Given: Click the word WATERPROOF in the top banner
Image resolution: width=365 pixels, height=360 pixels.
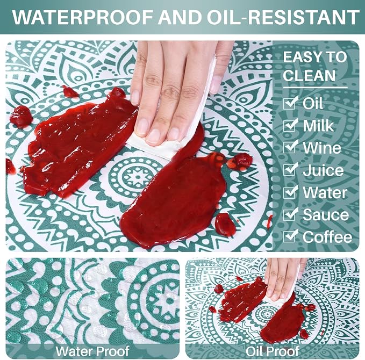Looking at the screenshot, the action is pyautogui.click(x=83, y=17).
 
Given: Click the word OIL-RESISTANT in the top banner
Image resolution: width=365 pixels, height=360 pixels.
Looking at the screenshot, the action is pyautogui.click(x=283, y=17).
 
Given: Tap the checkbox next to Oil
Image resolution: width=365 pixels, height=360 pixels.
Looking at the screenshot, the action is pyautogui.click(x=290, y=103).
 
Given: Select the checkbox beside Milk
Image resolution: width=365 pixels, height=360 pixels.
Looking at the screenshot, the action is pyautogui.click(x=290, y=125).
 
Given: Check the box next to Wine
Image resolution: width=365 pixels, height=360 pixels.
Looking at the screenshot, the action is pyautogui.click(x=290, y=147).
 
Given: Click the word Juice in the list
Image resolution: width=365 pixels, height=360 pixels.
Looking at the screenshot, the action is pyautogui.click(x=323, y=170).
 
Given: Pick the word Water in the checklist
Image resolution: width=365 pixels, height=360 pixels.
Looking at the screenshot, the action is pyautogui.click(x=325, y=193).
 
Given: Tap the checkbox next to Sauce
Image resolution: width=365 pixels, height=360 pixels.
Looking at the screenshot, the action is pyautogui.click(x=290, y=214).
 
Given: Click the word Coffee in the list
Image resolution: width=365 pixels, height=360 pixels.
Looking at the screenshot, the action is pyautogui.click(x=327, y=237).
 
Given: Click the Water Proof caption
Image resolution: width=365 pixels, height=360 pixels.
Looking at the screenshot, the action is pyautogui.click(x=92, y=351).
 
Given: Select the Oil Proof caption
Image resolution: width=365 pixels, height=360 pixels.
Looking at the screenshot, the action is pyautogui.click(x=272, y=351).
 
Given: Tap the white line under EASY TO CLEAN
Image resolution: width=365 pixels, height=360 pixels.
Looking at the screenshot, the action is pyautogui.click(x=315, y=88).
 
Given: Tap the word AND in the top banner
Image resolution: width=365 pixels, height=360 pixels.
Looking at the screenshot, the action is pyautogui.click(x=180, y=17).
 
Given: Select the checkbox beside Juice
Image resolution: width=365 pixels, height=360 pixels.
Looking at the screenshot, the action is pyautogui.click(x=290, y=169).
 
